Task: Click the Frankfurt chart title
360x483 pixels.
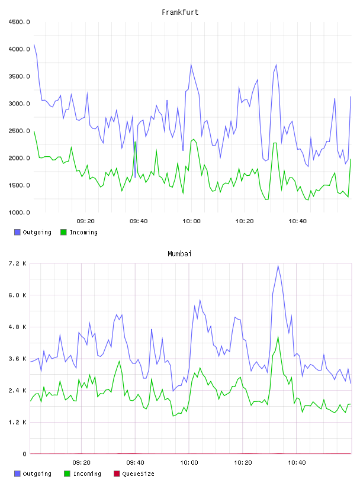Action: tap(180, 12)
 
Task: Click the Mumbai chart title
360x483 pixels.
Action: tap(179, 254)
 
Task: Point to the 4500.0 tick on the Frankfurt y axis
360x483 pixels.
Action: tap(19, 22)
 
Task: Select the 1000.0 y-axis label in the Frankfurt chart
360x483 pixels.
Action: tap(19, 212)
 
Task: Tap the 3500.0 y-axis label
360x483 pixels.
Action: tap(19, 76)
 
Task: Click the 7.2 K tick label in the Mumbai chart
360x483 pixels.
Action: tap(17, 263)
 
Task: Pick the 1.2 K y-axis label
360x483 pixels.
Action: tap(17, 422)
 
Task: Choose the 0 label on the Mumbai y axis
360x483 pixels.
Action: tap(24, 454)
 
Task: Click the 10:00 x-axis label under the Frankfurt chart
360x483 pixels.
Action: tap(191, 221)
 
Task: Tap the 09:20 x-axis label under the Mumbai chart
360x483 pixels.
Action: tap(81, 463)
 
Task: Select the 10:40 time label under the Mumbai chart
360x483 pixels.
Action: tap(297, 463)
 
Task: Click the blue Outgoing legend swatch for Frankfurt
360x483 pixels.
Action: tap(17, 232)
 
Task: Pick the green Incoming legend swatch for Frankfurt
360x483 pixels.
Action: tap(63, 232)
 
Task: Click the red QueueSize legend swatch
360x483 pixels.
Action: tap(117, 474)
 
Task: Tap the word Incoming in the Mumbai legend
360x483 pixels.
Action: tap(87, 474)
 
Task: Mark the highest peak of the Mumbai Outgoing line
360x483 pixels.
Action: tap(278, 266)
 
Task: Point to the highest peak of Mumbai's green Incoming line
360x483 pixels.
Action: tap(278, 337)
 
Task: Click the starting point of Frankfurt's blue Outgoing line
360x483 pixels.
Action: tap(34, 44)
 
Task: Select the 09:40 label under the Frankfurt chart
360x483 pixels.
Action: tap(139, 221)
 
